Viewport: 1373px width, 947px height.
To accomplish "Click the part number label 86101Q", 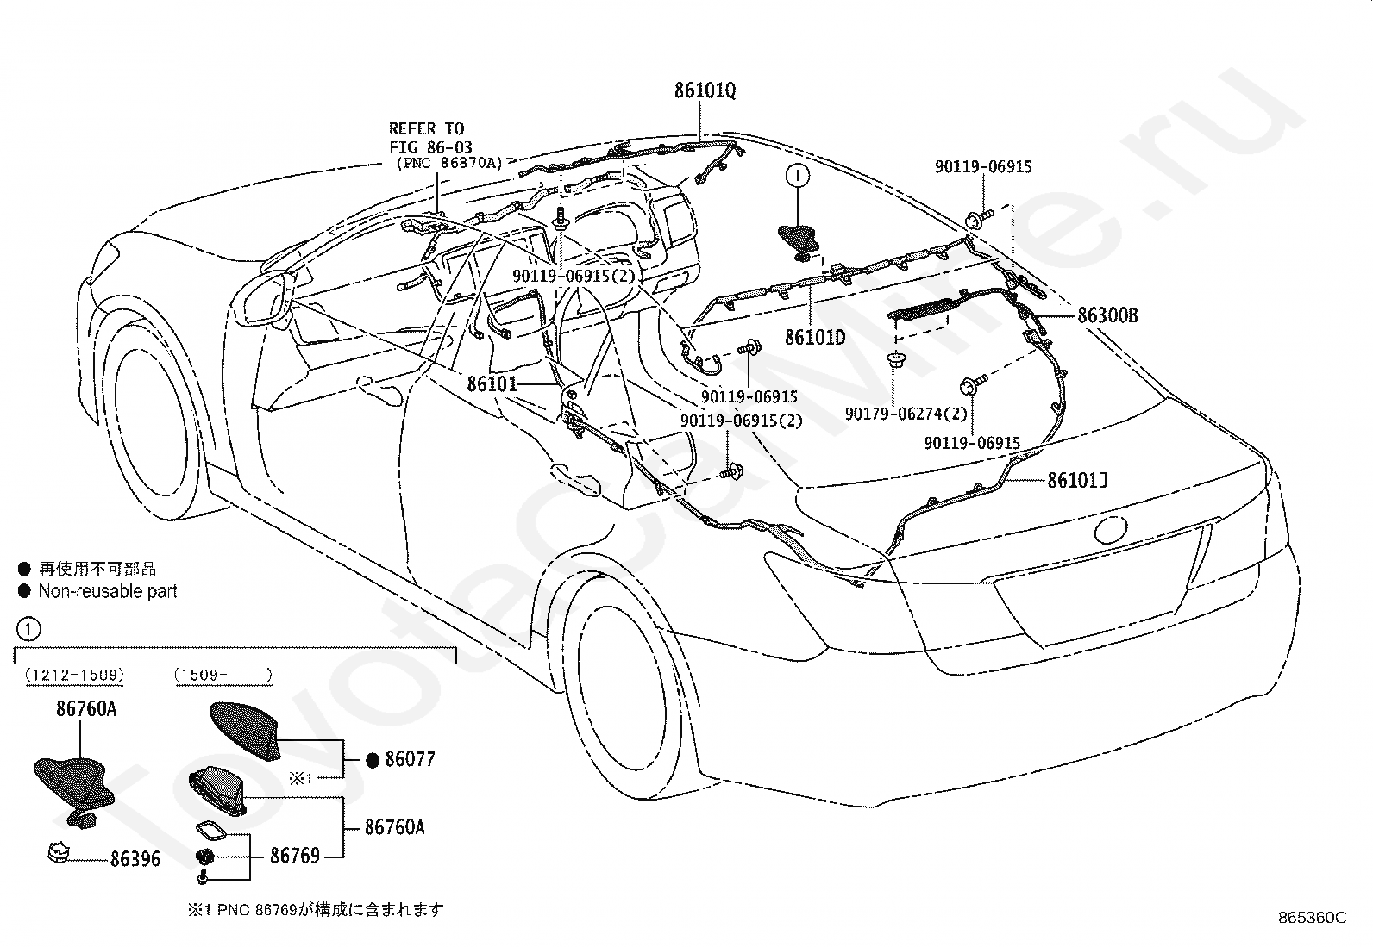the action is [705, 90].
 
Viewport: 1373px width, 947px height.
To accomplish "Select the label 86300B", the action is [1107, 315].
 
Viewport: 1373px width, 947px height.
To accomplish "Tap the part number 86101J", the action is [1077, 480].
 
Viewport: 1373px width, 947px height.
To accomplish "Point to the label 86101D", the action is [815, 337].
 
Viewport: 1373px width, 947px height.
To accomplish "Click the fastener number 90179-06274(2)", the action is [906, 414].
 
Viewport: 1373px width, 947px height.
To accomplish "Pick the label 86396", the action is [135, 859].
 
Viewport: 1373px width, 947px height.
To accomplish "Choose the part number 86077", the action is [410, 759].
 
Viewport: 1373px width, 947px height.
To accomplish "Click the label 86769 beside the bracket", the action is [295, 855].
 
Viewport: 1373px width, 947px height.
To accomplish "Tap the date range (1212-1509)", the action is [75, 675].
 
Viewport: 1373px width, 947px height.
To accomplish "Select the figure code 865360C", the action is [1313, 918].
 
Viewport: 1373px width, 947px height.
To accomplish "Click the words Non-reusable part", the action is [108, 591].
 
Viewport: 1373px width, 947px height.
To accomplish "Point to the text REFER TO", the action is [427, 128].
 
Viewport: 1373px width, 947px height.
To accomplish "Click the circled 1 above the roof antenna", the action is [797, 176].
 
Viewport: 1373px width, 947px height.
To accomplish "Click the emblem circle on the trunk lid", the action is [1110, 529].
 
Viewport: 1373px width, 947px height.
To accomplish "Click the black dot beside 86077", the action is [373, 760].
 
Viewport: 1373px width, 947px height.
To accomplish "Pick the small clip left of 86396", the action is [59, 853].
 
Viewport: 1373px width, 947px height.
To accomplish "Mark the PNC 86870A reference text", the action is [449, 163].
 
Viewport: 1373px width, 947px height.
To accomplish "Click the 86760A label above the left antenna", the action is [86, 708].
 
